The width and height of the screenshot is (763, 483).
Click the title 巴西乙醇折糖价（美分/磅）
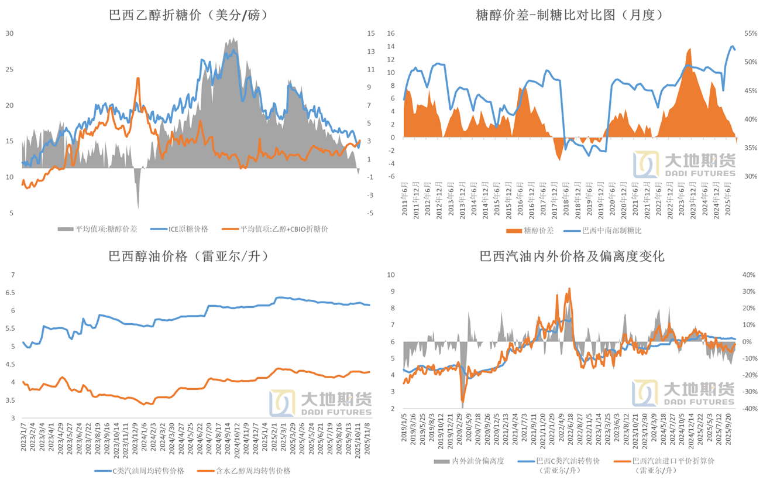pyautogui.click(x=189, y=16)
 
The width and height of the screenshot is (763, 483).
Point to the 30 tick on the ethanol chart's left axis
pyautogui.click(x=9, y=33)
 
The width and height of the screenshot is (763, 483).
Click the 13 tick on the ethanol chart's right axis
pyautogui.click(x=370, y=52)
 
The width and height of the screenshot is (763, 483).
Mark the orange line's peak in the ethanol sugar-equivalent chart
pyautogui.click(x=138, y=78)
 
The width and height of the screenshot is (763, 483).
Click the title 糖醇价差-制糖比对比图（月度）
pyautogui.click(x=570, y=16)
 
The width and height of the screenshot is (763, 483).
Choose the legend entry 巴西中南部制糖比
pyautogui.click(x=611, y=231)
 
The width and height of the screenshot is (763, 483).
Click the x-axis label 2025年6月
pyautogui.click(x=728, y=201)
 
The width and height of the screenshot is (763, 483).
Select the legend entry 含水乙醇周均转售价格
pyautogui.click(x=253, y=471)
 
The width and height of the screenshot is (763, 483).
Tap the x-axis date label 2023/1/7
pyautogui.click(x=23, y=437)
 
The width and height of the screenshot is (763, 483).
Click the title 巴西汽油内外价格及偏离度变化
pyautogui.click(x=572, y=256)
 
